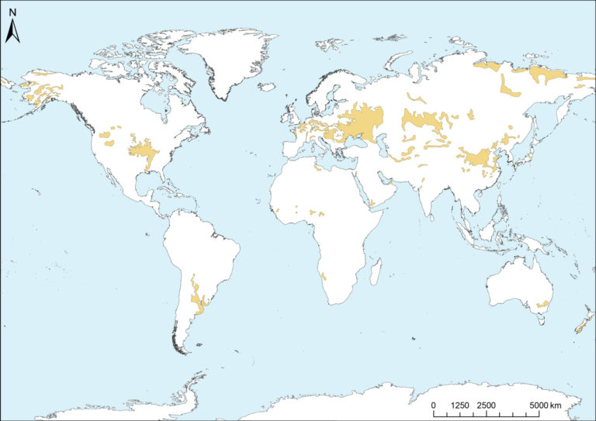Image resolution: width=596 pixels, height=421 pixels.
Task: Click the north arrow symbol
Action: coord(12,33)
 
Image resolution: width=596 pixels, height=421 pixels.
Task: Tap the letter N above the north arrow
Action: coord(12,13)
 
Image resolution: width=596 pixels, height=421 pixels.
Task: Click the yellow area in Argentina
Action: coord(197,298)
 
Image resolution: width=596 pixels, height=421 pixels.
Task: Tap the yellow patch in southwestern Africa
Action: coord(323,277)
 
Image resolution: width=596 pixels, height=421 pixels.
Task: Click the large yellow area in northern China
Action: coord(477,160)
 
